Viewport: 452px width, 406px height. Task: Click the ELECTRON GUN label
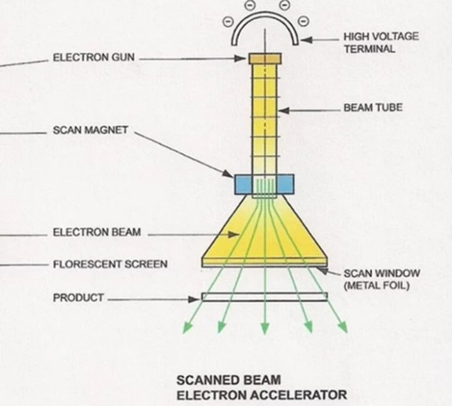(x=94, y=58)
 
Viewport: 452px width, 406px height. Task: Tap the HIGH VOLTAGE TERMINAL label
(x=381, y=43)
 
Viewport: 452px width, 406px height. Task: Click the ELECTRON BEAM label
(x=96, y=232)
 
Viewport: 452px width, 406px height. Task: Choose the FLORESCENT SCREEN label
(x=109, y=265)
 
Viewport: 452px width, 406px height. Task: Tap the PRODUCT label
(x=78, y=297)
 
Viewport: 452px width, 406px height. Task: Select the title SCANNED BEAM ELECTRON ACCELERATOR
(x=261, y=387)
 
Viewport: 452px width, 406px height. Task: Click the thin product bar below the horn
(x=265, y=297)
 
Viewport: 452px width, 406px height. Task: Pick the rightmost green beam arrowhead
(x=343, y=327)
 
